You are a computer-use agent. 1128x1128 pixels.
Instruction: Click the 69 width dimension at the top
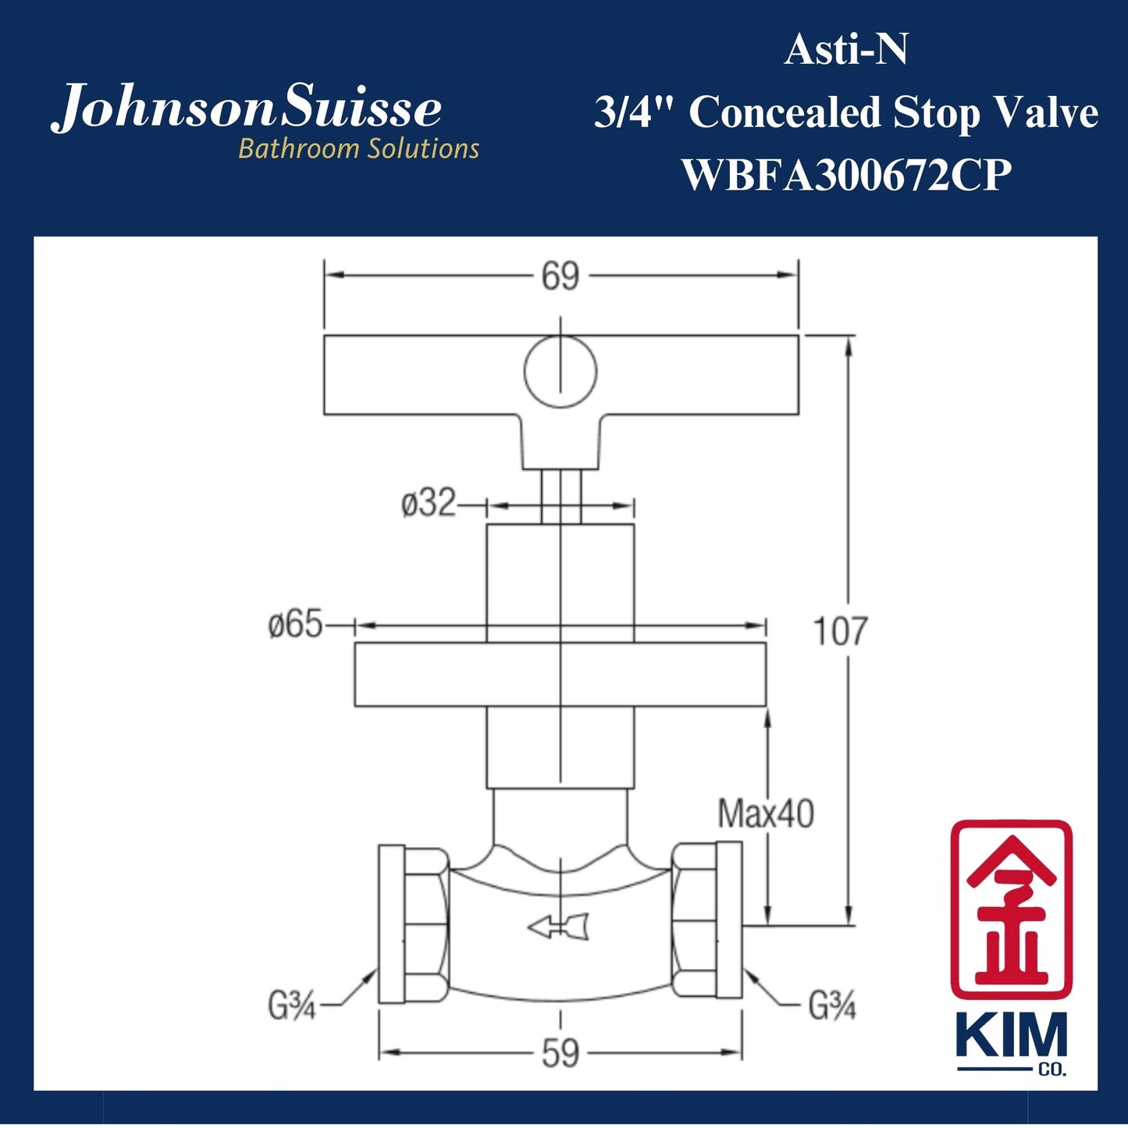560,276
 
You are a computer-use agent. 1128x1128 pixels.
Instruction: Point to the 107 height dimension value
840,631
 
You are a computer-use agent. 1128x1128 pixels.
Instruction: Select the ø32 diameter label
429,504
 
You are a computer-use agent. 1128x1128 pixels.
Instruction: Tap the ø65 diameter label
295,624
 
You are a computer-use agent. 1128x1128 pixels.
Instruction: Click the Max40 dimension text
765,814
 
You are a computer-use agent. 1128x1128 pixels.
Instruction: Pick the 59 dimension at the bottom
560,1055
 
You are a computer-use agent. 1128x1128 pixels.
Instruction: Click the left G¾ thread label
291,1007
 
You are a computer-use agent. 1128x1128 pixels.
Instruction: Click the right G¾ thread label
832,1007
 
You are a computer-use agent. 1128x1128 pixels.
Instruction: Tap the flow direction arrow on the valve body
558,927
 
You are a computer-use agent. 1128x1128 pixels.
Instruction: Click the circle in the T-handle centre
560,372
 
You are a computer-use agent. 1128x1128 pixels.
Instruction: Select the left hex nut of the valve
425,923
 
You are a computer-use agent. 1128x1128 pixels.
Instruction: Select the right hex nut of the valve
695,923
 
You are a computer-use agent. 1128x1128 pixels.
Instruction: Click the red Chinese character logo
1011,909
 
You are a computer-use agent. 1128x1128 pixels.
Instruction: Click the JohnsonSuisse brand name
247,109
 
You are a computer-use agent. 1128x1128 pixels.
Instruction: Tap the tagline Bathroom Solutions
358,148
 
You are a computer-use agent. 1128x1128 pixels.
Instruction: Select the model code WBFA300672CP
846,175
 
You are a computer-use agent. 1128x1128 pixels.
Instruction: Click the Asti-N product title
846,52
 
